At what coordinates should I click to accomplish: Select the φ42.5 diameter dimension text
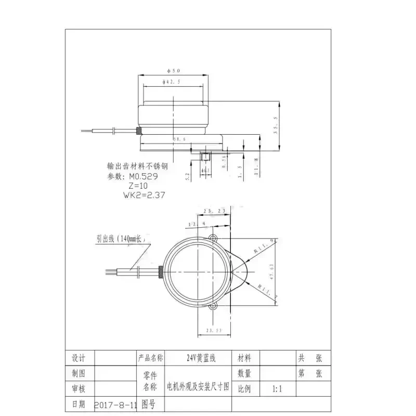[x=172, y=82]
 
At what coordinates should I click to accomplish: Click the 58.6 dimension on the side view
[x=179, y=139]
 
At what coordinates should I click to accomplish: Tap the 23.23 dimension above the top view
[x=213, y=211]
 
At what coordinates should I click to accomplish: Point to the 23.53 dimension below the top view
[x=214, y=330]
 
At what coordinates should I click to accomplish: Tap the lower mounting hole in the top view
[x=212, y=308]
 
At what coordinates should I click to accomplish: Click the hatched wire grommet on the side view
[x=139, y=131]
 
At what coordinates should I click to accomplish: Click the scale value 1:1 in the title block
[x=278, y=388]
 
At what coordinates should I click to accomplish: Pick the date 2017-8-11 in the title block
[x=115, y=404]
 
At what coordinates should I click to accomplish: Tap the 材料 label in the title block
[x=244, y=358]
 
